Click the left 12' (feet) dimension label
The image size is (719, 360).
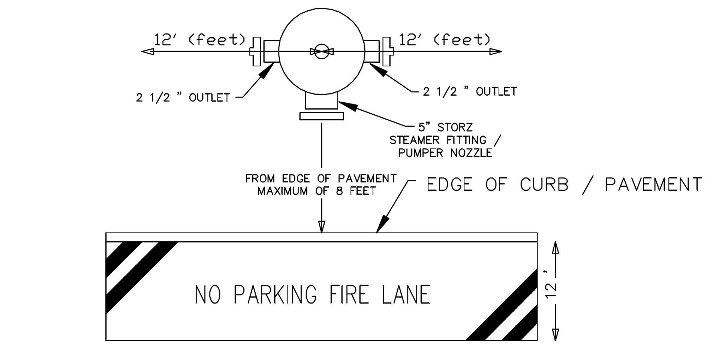(x=200, y=40)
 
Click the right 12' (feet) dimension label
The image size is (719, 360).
(x=445, y=40)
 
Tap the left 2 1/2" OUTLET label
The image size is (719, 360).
(x=183, y=98)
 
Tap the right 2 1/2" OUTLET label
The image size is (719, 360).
(x=470, y=91)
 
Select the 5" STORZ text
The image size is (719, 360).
(x=446, y=127)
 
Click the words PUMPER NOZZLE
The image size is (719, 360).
(x=445, y=153)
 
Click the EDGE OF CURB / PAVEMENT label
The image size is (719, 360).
(x=564, y=185)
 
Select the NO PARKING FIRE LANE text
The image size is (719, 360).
(x=312, y=295)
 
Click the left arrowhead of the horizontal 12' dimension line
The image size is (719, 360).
(x=148, y=52)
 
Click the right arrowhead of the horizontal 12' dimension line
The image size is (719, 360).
(x=496, y=52)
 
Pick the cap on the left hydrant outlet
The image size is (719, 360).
(x=256, y=52)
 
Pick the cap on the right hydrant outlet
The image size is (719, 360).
(x=388, y=52)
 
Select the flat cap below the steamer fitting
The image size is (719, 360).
(x=322, y=116)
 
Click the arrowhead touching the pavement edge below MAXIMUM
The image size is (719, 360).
(x=322, y=226)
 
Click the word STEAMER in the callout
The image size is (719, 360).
(x=415, y=140)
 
